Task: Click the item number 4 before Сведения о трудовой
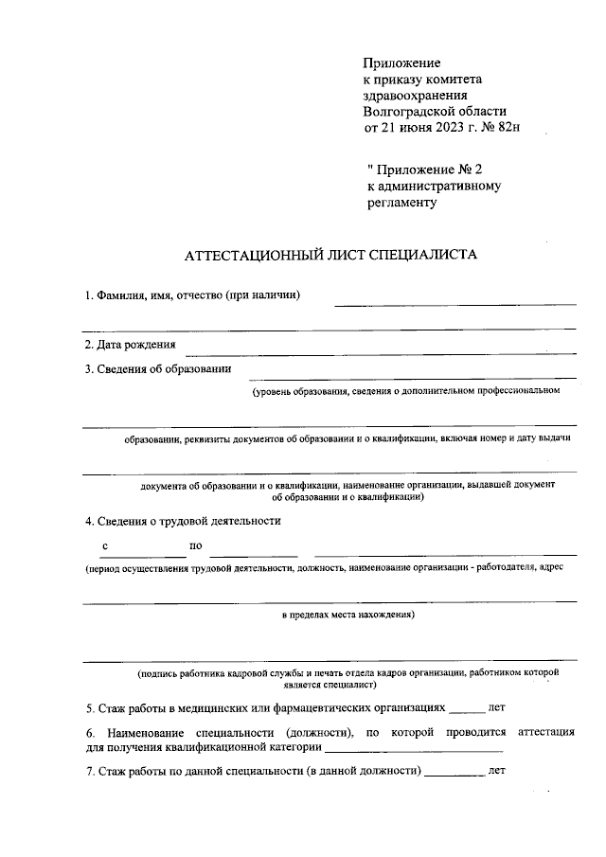click(x=88, y=520)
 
